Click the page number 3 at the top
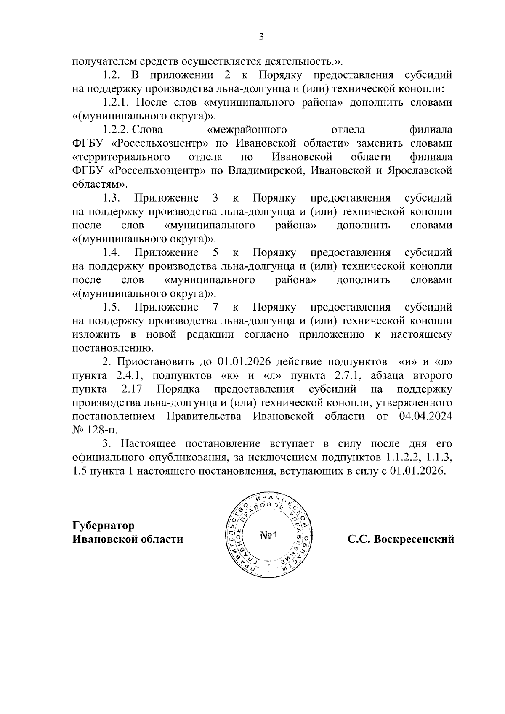261,37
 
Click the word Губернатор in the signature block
104,526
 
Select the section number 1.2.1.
117,102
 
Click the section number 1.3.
112,198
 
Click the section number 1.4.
112,252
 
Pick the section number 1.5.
112,307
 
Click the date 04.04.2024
425,417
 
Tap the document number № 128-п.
96,430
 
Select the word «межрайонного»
248,130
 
